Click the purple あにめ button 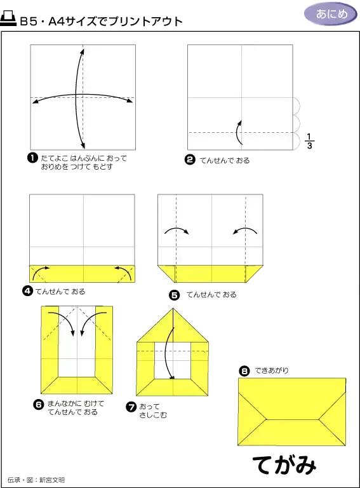330,14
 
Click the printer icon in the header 9,20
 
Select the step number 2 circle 189,160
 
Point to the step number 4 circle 28,292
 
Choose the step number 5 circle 174,295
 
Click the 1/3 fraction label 309,141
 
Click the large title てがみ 284,465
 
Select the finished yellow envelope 291,411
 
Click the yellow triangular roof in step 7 173,327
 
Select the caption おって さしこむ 150,410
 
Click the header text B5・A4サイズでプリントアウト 101,21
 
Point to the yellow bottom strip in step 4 82,273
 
